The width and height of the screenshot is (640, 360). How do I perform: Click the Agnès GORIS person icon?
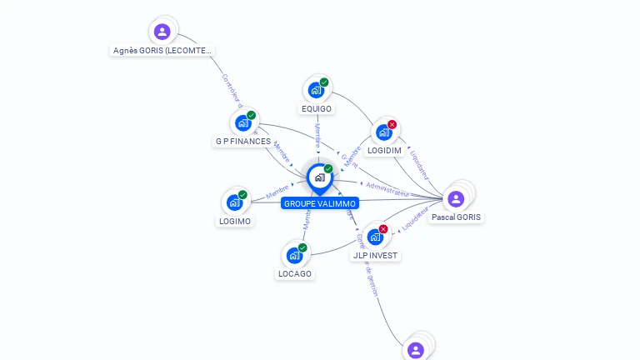(162, 32)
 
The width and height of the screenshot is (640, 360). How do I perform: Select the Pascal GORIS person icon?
(455, 198)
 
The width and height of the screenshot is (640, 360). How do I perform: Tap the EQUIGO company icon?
(316, 90)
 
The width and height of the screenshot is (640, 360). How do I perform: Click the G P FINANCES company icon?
(242, 123)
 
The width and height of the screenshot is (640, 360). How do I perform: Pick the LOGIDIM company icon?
(383, 132)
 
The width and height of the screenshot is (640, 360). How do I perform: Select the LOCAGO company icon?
(294, 255)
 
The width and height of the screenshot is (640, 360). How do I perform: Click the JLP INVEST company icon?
(375, 237)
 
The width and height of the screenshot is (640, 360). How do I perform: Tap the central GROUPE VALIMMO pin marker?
(319, 177)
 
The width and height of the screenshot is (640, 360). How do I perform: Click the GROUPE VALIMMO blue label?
(320, 203)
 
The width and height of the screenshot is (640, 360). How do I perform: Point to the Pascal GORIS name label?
(456, 217)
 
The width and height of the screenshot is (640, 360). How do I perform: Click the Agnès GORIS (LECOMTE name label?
(162, 51)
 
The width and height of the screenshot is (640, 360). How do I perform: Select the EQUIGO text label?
(317, 109)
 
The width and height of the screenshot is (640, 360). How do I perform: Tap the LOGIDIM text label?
(384, 151)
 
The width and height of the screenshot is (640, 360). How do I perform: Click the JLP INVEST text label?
(376, 256)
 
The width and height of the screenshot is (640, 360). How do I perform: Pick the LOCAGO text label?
(294, 274)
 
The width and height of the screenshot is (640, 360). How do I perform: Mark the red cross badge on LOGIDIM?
(392, 124)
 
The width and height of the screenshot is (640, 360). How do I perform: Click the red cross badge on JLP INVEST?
(383, 229)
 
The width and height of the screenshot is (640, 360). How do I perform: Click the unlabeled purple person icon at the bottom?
(416, 350)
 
